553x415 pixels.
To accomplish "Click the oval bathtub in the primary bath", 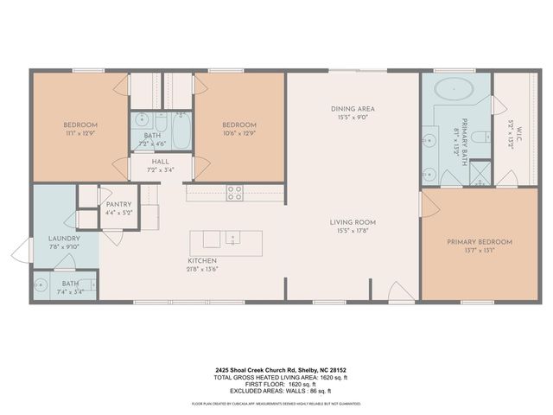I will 453,88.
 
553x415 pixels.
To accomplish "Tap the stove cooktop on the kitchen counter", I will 234,192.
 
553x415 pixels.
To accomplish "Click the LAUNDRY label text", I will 65,239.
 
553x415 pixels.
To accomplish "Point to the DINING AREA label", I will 353,109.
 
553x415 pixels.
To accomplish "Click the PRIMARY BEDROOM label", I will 480,242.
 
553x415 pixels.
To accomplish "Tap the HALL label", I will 161,161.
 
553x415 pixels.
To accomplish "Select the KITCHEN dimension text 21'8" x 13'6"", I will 203,268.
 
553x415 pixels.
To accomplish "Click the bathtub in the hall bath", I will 181,132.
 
